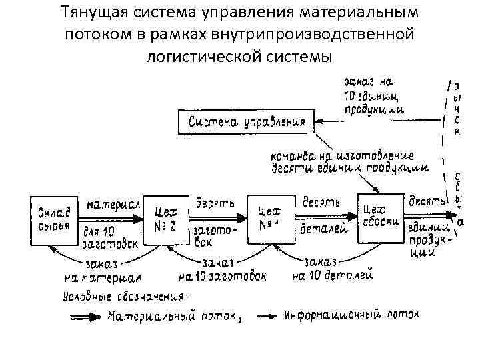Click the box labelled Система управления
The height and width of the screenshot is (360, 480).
click(x=247, y=122)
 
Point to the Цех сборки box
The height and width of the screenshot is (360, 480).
click(x=380, y=215)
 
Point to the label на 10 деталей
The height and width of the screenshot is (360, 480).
click(x=332, y=274)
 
